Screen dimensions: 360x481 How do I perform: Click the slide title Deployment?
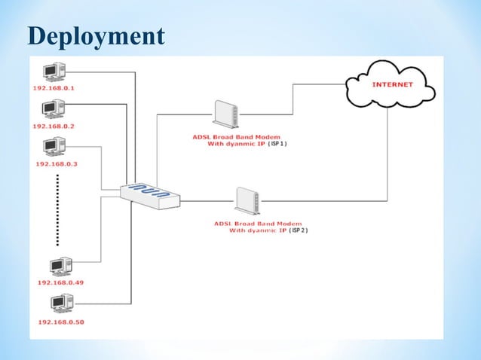(96, 35)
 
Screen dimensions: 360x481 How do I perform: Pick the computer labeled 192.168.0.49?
(59, 265)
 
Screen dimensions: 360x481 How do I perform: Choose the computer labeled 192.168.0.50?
(59, 304)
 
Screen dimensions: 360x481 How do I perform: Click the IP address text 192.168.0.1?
(58, 88)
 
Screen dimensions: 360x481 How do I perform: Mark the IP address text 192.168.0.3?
(57, 163)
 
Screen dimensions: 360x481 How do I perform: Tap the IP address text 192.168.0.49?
(60, 282)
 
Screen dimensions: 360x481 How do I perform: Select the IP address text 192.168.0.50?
(60, 322)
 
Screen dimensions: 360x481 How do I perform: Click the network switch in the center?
(151, 194)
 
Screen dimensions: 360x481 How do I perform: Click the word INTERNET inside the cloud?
(392, 84)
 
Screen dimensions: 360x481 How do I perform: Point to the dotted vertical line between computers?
(57, 210)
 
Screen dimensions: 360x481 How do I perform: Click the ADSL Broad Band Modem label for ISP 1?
(230, 136)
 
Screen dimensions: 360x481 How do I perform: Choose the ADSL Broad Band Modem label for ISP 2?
(258, 224)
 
